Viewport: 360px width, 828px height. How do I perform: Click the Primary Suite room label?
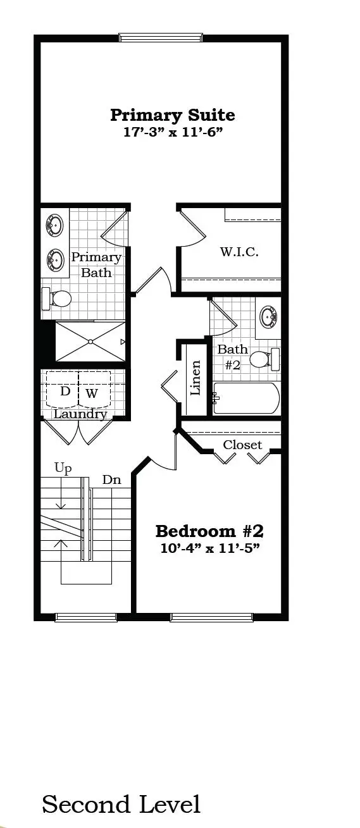pos(172,115)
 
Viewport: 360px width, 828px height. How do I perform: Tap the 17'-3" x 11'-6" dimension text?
pos(172,132)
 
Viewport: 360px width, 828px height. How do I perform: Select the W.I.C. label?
pos(239,252)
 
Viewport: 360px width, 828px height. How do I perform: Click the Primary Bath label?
pos(96,265)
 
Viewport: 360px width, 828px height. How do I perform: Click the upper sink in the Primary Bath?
pos(54,225)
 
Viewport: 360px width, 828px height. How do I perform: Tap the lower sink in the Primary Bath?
pos(54,258)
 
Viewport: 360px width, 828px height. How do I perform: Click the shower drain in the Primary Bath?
pos(90,342)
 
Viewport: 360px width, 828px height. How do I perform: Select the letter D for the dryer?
pos(65,392)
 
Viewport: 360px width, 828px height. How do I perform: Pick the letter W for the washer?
pos(92,393)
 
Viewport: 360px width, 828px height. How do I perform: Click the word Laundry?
pos(80,414)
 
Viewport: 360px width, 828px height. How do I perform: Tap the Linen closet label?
pos(196,378)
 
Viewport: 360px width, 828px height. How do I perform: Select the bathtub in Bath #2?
pos(246,399)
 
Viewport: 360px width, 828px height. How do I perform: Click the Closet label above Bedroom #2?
pos(242,445)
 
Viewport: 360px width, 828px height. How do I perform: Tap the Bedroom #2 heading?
pos(209,530)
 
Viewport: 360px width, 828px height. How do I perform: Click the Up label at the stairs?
pos(63,469)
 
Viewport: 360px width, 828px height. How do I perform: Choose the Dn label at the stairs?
pos(111,480)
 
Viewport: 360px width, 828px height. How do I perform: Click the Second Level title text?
pos(121,804)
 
